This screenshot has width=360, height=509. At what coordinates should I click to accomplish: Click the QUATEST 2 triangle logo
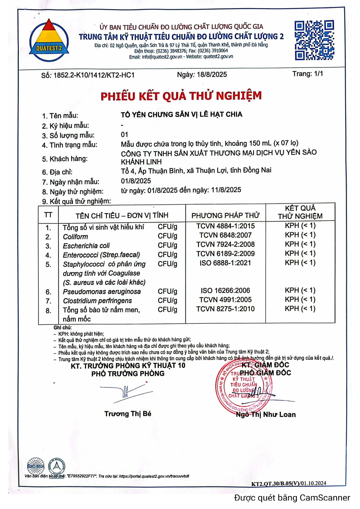point(49,40)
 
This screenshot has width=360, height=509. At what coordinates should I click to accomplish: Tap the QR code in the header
point(314,40)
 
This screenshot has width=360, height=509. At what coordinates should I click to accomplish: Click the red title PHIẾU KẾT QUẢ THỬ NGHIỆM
point(181,96)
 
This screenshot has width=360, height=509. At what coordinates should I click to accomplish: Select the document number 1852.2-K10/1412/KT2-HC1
point(94,75)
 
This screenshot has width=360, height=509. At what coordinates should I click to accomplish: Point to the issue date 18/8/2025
point(212,75)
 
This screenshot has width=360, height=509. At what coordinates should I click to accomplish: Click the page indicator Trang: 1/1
point(308,74)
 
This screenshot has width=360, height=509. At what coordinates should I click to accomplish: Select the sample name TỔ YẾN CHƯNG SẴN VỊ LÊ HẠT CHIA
point(181,115)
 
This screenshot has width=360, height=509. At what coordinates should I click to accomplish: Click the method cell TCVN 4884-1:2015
point(226,226)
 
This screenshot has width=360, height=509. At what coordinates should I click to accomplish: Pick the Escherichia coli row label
point(86,246)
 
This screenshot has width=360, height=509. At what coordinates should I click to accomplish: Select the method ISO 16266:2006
point(226,290)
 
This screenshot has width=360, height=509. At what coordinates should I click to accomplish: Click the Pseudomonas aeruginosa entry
point(102,292)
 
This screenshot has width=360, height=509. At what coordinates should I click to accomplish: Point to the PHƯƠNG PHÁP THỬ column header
point(226,215)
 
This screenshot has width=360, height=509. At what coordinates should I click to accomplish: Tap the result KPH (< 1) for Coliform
point(300,235)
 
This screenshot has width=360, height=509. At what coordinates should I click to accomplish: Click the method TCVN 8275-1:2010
point(226,309)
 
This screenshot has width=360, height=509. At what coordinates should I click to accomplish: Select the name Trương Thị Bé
point(128,414)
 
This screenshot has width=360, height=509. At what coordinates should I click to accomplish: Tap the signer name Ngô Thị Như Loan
point(266,415)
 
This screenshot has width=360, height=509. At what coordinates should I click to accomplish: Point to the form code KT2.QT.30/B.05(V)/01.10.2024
point(289,484)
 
